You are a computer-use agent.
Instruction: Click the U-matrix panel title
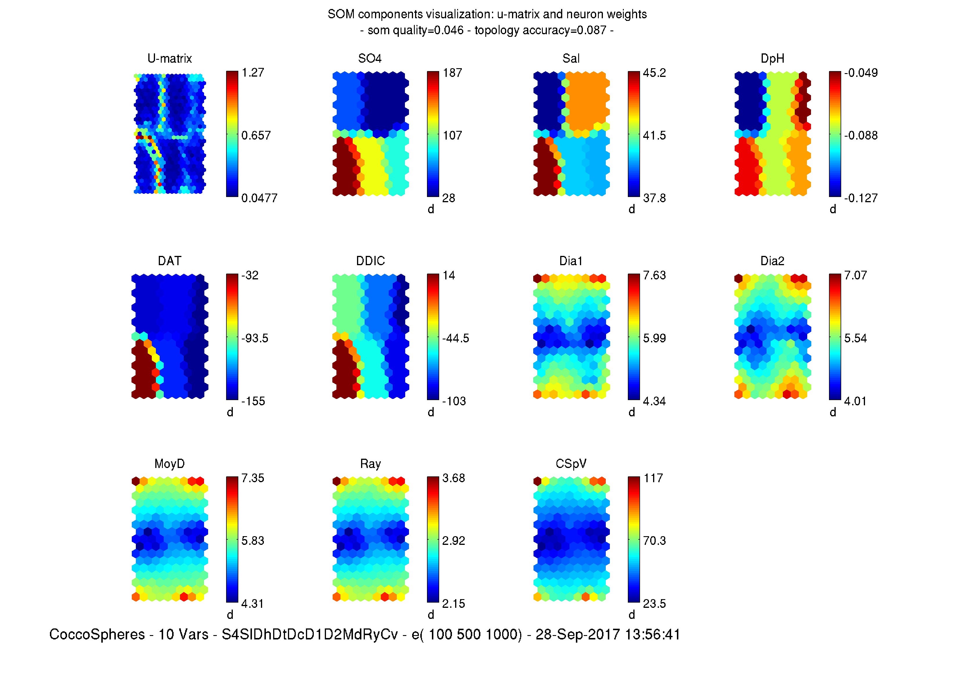(170, 58)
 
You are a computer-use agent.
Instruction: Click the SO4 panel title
(370, 58)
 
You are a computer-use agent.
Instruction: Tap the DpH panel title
(772, 58)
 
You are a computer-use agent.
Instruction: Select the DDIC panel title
(370, 261)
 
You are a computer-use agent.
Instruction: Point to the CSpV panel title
(571, 464)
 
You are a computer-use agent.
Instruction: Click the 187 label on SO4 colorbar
(452, 73)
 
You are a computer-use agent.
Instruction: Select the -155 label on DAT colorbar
(253, 401)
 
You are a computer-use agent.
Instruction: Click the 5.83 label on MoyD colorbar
(253, 541)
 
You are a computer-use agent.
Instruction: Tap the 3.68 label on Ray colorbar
(453, 478)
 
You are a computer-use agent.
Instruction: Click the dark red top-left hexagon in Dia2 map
(738, 278)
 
